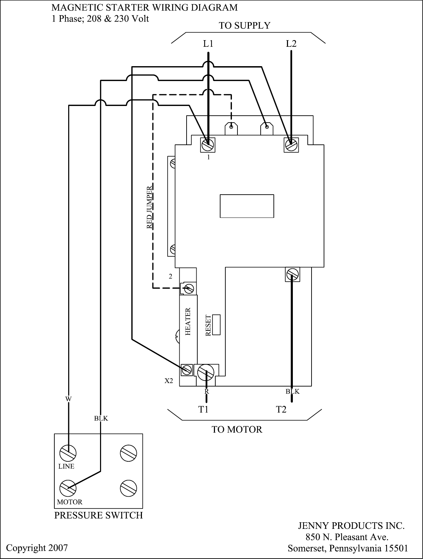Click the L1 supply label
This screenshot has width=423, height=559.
tap(208, 44)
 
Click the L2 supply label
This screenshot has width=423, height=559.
tap(291, 44)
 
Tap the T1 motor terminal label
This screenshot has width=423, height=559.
tap(203, 409)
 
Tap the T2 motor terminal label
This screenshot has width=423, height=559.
tap(281, 409)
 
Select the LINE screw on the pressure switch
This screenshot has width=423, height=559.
tap(68, 453)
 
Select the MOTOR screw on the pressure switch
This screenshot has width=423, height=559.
tap(68, 488)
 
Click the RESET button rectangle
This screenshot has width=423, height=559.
tap(216, 325)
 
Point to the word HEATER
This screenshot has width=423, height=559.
tap(188, 321)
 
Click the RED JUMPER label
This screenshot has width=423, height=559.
tap(150, 207)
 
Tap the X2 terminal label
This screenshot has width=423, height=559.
tap(169, 381)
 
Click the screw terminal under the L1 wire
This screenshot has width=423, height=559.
tap(208, 144)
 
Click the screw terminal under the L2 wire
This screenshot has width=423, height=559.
tap(291, 144)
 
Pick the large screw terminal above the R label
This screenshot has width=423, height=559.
tap(206, 372)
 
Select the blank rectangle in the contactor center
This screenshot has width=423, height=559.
tap(247, 206)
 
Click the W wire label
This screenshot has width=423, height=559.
tap(68, 399)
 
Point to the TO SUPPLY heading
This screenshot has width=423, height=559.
tap(244, 26)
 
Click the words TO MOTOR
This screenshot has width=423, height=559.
tap(237, 430)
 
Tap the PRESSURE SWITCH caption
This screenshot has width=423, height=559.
tap(98, 516)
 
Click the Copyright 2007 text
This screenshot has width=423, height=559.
tap(37, 548)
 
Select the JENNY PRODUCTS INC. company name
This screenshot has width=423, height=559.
tap(351, 526)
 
